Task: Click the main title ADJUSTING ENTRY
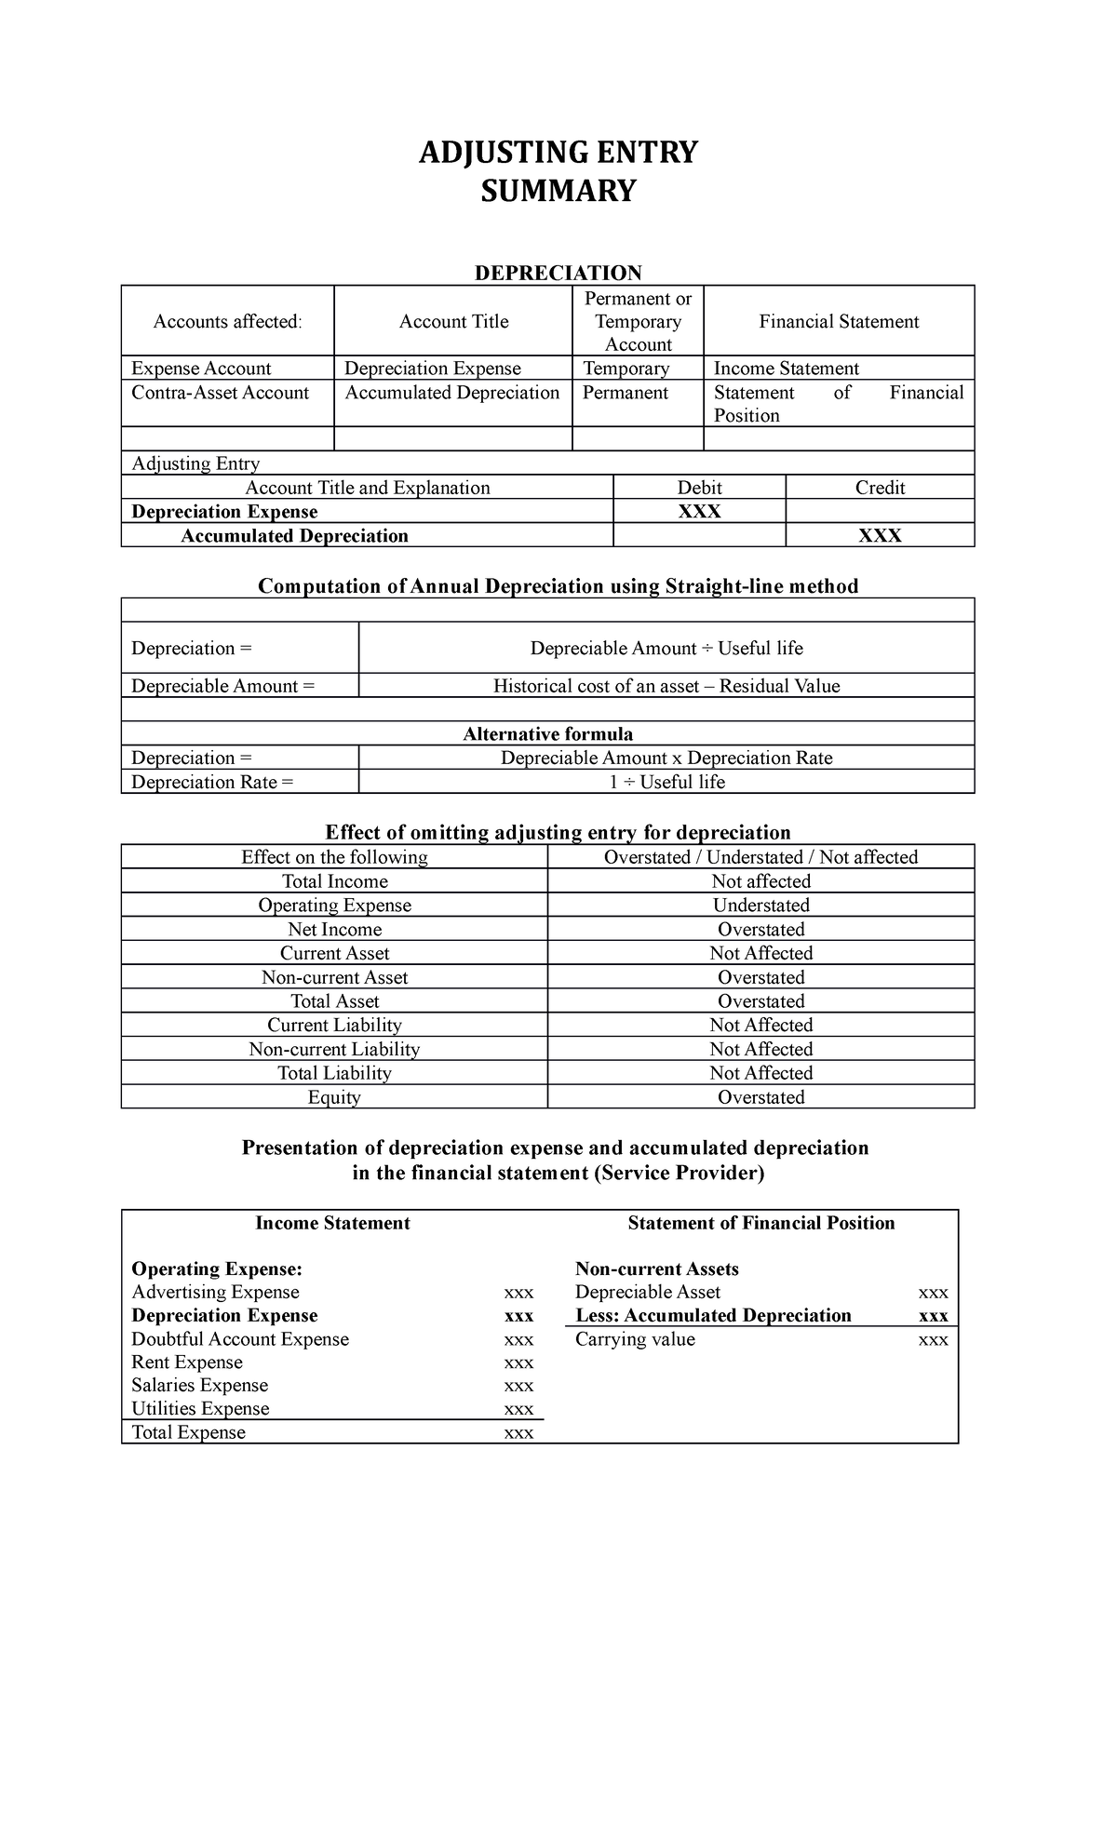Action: [x=558, y=152]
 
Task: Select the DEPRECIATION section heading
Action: [x=558, y=273]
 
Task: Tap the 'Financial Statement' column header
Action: [x=839, y=322]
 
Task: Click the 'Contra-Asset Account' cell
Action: [x=221, y=393]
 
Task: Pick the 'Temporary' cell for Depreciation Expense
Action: [x=626, y=369]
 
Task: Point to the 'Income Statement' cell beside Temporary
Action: [x=786, y=369]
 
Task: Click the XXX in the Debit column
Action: [x=699, y=512]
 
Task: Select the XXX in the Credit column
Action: [x=880, y=536]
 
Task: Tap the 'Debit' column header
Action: [x=699, y=488]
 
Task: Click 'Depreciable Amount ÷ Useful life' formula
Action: [x=666, y=649]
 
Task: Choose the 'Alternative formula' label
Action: [x=547, y=734]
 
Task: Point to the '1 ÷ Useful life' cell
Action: [x=666, y=783]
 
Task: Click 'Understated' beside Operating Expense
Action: [x=760, y=906]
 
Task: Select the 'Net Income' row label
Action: [x=334, y=930]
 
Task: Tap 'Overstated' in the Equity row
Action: [x=760, y=1097]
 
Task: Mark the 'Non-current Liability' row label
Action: [x=334, y=1050]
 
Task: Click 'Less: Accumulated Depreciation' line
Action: [x=713, y=1316]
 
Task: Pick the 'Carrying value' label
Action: [x=635, y=1339]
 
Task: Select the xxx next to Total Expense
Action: [x=518, y=1433]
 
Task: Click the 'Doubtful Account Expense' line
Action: [x=240, y=1339]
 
